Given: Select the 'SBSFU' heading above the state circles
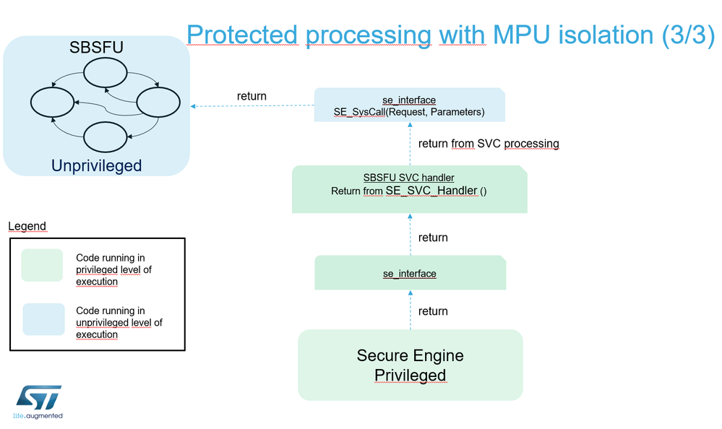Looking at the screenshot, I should coord(96,48).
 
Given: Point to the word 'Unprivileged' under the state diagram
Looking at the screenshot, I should coord(96,165).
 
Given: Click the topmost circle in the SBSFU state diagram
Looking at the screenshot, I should coord(106,72).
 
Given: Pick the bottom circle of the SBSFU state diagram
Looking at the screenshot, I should coord(106,136).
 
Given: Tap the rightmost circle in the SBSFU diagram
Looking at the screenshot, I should coord(158,103).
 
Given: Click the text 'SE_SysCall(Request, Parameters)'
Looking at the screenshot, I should coord(409,112).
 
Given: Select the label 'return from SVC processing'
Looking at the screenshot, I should coord(489,144).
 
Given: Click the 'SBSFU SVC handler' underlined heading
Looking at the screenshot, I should coord(409,178).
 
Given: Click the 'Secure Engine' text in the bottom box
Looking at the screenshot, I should coord(410,355).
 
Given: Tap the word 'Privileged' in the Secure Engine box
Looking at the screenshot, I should coord(410,375).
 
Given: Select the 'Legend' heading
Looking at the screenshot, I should coord(27,226).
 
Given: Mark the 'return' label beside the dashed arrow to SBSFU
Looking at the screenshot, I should coord(252,96).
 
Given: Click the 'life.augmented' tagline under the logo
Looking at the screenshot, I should coord(38,416).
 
